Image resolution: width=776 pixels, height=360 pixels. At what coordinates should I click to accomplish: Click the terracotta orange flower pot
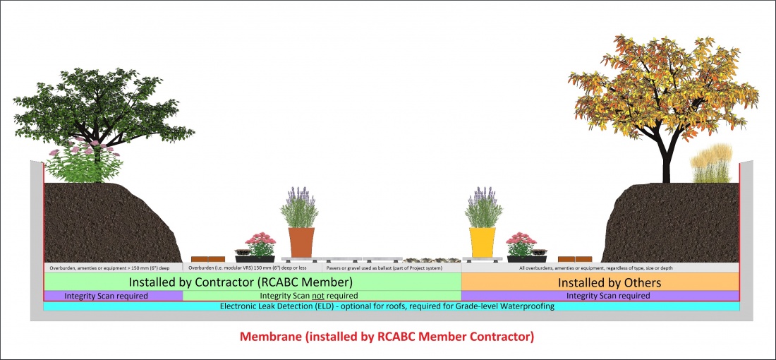point(301,241)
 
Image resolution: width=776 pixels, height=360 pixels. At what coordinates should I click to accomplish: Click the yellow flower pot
point(483,241)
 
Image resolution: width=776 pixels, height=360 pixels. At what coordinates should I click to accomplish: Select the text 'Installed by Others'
point(600,282)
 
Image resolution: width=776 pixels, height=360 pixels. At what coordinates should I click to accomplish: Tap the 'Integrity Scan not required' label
point(308,295)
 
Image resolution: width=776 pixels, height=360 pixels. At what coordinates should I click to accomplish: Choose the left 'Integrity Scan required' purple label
point(106,295)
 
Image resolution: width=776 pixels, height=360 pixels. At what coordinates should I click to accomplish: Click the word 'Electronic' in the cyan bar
point(242,306)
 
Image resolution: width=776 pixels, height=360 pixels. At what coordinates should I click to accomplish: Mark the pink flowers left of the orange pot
point(262,241)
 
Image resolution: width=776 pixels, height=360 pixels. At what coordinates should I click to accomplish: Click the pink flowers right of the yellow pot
point(521,241)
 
